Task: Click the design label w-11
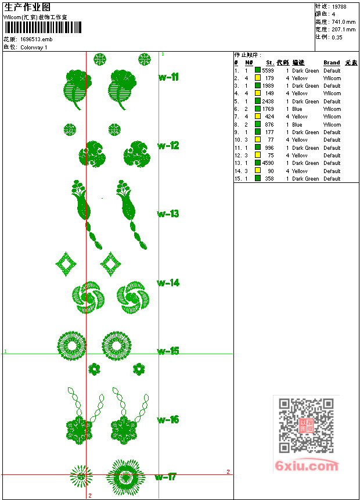168,77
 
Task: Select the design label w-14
168,283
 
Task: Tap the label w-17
165,477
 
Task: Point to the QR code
306,426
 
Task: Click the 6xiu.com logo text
306,466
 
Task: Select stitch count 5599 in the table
268,70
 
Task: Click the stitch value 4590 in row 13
268,163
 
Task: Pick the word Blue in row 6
297,109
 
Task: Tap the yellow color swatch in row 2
258,78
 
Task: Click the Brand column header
332,63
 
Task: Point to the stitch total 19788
340,6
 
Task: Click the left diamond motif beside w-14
66,264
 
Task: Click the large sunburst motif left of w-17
125,477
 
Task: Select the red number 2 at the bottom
90,495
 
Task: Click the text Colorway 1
34,47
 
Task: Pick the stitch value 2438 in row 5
268,101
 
